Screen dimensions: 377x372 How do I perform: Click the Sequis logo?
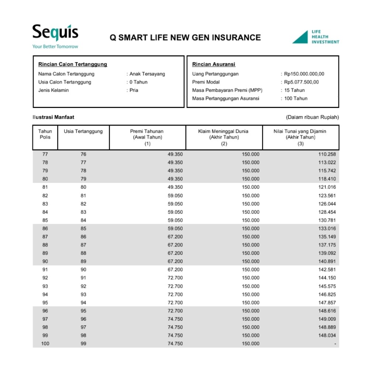point(55,33)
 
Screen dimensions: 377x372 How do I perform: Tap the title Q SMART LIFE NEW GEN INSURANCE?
point(185,38)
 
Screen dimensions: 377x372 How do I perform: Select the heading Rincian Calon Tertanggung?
point(73,64)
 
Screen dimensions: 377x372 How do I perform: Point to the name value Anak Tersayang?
point(147,74)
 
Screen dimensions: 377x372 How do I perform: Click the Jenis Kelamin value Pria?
point(134,90)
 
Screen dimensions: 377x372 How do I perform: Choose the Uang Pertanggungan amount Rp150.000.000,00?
point(304,74)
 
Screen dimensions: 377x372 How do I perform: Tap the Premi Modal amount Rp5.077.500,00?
point(301,82)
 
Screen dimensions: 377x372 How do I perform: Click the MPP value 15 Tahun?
point(294,90)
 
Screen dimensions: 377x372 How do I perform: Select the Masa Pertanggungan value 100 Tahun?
point(296,98)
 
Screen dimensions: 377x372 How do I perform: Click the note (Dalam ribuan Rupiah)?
point(312,117)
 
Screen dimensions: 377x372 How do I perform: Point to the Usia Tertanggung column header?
point(83,131)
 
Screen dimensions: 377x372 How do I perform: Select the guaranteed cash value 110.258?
point(327,154)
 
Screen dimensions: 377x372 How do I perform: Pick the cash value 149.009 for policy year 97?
point(327,319)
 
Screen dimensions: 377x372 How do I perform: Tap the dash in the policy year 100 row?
point(335,344)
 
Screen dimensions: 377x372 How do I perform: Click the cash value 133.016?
point(327,228)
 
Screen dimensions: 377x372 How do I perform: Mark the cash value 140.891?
point(327,261)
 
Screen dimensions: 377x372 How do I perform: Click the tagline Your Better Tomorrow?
point(55,47)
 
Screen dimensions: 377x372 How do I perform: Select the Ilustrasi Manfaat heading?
point(53,117)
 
